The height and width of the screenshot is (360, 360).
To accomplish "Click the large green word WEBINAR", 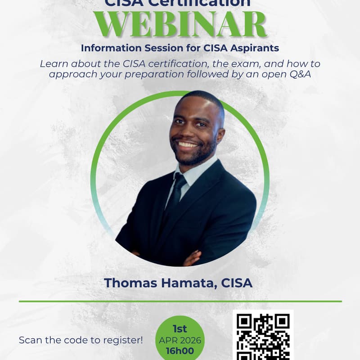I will coord(180,25).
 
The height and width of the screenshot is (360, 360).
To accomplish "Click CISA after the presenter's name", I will coord(237,283).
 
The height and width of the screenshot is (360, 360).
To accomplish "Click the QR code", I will coord(263,335).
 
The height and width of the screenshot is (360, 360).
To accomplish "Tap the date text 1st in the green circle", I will coord(180,329).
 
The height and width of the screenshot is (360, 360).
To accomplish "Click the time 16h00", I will coord(180,351).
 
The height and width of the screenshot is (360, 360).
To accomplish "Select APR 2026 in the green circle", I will coord(180,340).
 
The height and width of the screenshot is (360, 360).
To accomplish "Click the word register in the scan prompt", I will coord(121,340).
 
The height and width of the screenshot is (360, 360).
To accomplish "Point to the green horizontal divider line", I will coord(180,301).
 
